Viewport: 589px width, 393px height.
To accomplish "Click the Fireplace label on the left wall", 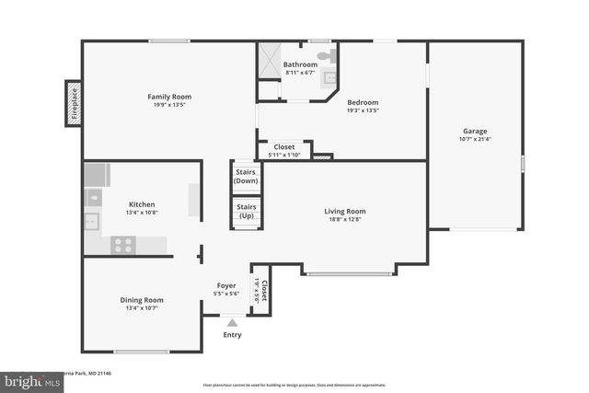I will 75,103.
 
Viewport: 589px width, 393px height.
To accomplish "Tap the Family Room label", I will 169,96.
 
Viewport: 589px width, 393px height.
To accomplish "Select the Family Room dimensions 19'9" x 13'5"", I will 169,105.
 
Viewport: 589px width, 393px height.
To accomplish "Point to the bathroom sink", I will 329,78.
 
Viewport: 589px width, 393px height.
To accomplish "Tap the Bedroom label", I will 363,102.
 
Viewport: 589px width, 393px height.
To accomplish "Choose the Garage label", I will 475,131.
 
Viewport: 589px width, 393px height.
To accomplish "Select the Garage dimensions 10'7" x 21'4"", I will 475,140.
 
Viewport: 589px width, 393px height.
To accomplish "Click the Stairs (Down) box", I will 246,177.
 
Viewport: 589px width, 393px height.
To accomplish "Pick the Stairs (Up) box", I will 246,212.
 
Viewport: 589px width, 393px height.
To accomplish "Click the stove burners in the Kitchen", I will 123,245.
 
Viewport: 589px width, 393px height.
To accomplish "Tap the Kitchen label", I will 142,204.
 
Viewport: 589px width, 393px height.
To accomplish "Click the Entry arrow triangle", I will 232,322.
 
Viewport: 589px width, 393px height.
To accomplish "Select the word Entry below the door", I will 232,334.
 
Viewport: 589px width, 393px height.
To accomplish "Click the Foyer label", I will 226,285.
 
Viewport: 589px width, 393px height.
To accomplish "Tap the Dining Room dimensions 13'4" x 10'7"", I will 142,308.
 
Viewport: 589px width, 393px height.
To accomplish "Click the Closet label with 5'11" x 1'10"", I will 284,146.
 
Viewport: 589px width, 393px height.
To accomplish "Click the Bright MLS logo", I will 28,379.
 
